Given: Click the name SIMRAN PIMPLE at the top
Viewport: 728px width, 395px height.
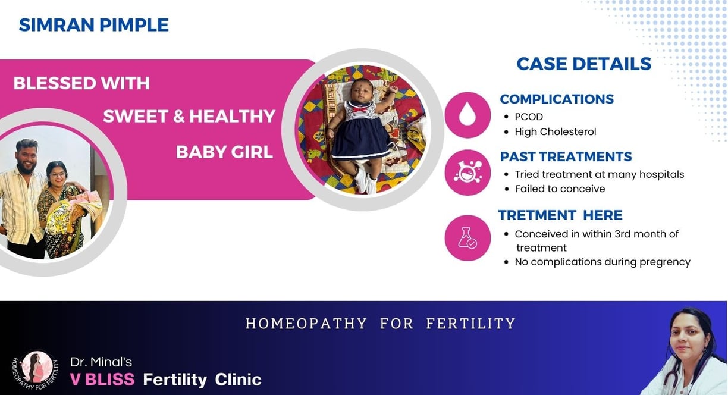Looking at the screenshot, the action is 93,25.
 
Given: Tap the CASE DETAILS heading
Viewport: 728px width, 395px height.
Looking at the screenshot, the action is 584,64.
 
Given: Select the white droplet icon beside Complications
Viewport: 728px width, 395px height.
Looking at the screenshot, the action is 467,114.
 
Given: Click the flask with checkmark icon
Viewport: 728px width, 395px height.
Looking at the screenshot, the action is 467,237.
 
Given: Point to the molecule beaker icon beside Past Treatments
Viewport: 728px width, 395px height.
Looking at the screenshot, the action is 467,173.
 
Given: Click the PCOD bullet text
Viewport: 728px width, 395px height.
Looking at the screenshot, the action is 529,117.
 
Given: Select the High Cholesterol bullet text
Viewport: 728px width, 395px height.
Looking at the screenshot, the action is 556,131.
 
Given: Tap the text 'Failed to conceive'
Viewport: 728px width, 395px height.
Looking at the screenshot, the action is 560,189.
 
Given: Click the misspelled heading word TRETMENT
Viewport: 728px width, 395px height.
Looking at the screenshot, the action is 537,215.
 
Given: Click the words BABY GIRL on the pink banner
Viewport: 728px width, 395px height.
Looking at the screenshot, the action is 224,152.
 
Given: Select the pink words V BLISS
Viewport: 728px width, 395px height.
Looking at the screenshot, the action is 102,379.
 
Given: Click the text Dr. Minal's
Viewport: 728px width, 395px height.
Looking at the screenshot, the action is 101,362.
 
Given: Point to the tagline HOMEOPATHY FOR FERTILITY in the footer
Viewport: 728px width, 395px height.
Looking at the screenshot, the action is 381,324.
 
